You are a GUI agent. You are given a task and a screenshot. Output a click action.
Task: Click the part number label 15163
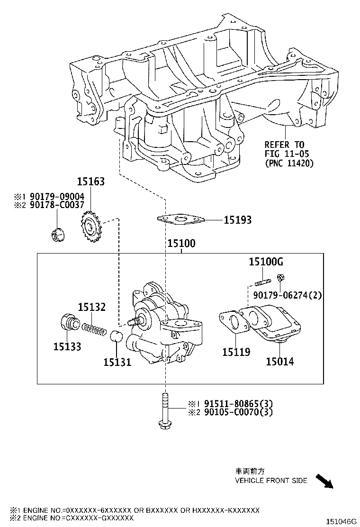pyautogui.click(x=91, y=182)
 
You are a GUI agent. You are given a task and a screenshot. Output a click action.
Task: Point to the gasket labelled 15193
pyautogui.click(x=180, y=219)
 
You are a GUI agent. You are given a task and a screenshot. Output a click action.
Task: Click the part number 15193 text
pyautogui.click(x=237, y=220)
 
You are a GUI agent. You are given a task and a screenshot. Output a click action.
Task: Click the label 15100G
pyautogui.click(x=267, y=262)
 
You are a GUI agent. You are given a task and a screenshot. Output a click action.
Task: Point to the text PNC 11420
pyautogui.click(x=289, y=164)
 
